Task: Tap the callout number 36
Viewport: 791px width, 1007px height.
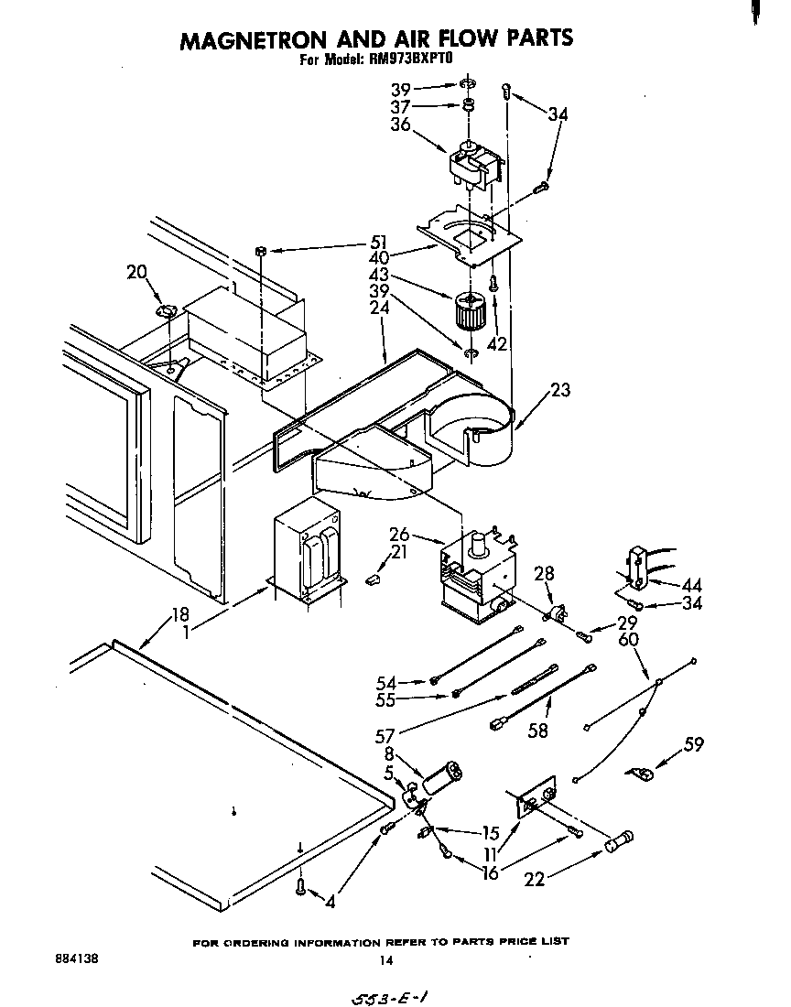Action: (x=399, y=125)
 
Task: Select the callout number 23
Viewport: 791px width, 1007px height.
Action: (x=560, y=390)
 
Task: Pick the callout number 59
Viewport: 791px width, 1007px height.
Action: (x=694, y=744)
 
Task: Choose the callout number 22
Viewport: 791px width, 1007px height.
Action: (x=535, y=879)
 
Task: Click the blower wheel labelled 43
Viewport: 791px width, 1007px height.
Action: (x=469, y=314)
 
